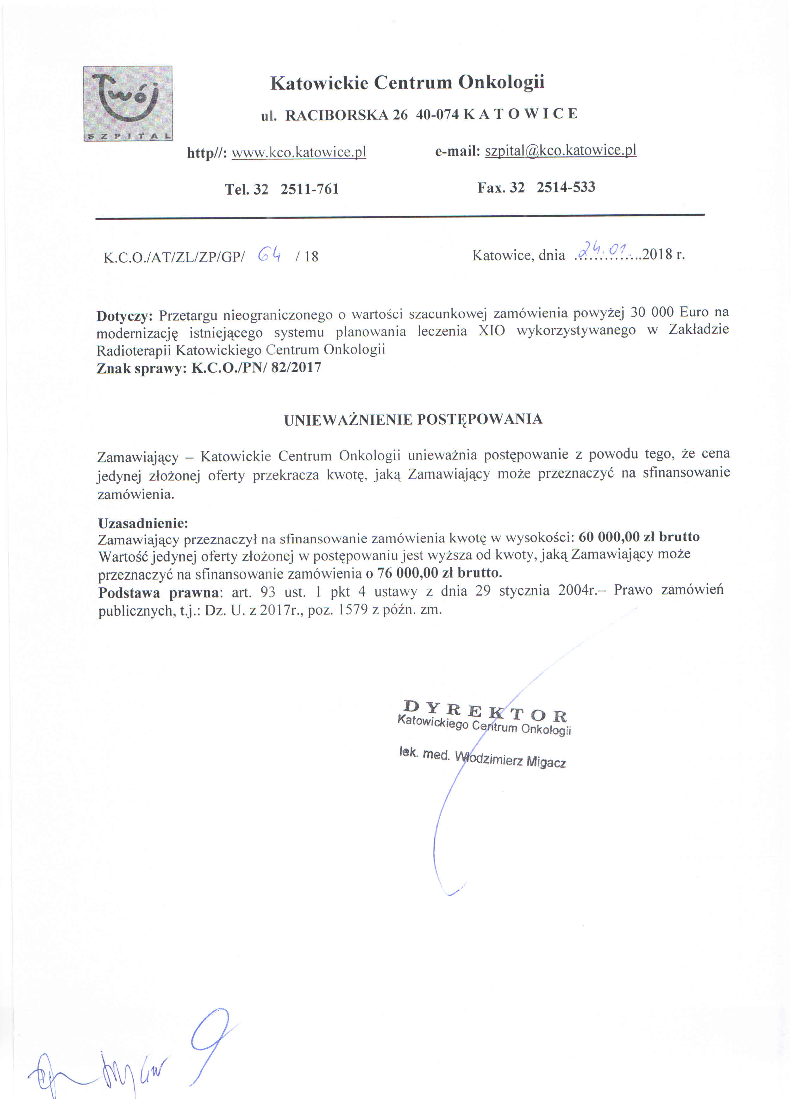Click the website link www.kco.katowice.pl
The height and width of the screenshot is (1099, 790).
point(298,152)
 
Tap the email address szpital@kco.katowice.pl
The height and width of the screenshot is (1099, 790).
point(561,150)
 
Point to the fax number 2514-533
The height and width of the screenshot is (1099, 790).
point(566,187)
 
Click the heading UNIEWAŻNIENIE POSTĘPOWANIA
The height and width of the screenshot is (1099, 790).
point(413,419)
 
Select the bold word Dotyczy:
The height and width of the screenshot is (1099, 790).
point(124,316)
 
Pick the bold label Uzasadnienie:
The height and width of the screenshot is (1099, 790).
point(143,523)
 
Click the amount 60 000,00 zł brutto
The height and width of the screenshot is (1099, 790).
point(639,537)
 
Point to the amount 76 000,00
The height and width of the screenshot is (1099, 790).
point(407,573)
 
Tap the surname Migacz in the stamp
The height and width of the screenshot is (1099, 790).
point(546,762)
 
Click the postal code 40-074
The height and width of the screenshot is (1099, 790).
point(437,114)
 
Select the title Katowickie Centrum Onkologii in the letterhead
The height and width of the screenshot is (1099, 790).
point(407,82)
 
